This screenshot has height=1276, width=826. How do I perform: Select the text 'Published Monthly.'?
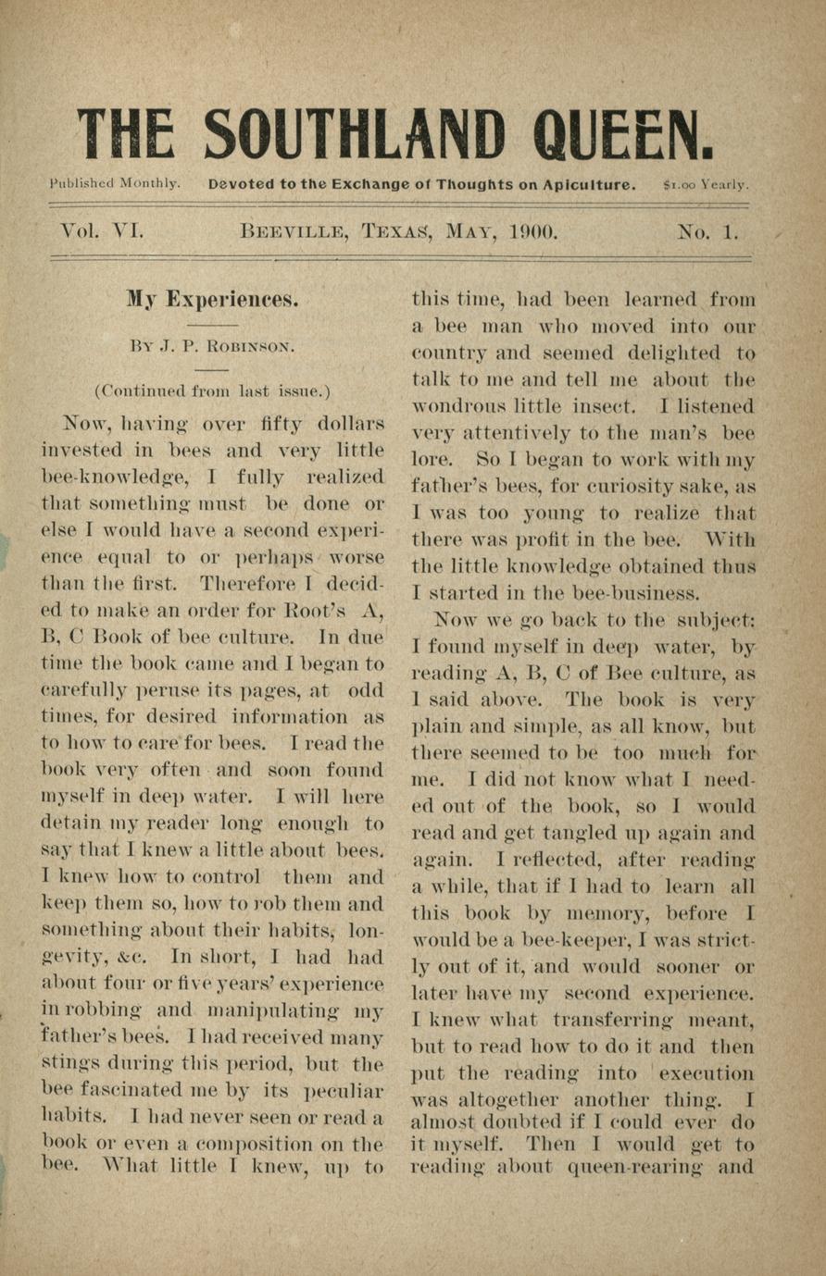tap(115, 183)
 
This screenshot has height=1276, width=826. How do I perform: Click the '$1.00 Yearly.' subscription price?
tap(707, 184)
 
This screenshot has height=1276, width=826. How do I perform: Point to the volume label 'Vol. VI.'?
tap(102, 230)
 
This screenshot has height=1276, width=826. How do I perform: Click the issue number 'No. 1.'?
tap(708, 231)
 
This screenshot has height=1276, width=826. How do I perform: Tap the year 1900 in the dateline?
tap(534, 231)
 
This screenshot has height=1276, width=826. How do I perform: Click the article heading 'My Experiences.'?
tap(212, 299)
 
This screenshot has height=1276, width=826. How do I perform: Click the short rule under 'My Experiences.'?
tap(212, 326)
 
